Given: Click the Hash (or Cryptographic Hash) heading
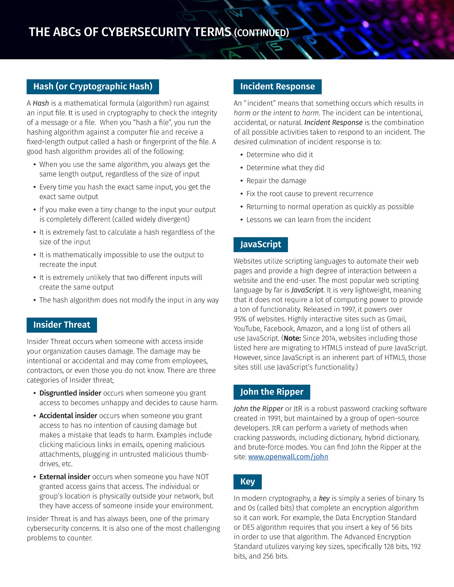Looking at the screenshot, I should [93, 87].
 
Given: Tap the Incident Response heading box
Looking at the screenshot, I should [277, 87].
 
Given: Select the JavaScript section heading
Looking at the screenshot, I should [260, 244].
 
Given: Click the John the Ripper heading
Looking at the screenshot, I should [272, 392].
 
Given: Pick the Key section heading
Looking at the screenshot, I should [248, 482].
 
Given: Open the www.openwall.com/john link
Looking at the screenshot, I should [288, 457].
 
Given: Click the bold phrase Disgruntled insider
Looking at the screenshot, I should [70, 393].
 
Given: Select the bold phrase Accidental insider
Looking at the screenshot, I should [68, 416].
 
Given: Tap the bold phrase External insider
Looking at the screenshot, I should [64, 477].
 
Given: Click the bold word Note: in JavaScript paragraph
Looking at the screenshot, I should [292, 338].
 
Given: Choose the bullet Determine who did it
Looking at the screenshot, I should [280, 155].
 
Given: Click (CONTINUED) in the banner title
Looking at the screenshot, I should [262, 33].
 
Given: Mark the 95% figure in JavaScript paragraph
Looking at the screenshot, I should [240, 319].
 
